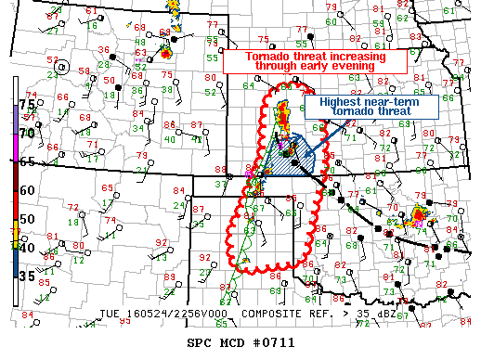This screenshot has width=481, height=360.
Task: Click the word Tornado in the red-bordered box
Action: pos(267,56)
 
